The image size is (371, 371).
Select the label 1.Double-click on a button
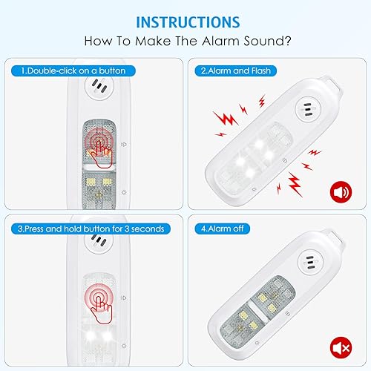click(73, 70)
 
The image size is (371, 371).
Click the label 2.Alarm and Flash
click(238, 70)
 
